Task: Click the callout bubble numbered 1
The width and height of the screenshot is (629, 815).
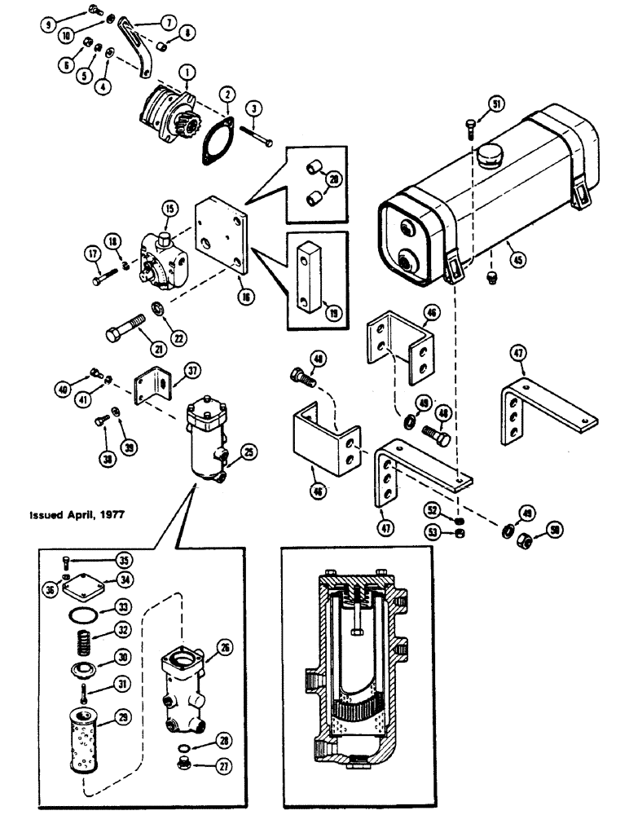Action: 188,78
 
